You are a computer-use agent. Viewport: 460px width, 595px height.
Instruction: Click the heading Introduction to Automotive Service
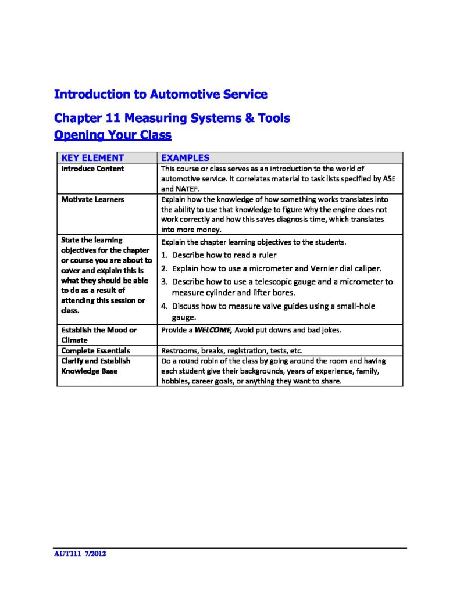tap(161, 94)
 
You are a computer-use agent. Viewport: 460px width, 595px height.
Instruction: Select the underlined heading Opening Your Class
tap(112, 135)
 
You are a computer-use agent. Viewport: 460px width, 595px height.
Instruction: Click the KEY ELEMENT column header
tap(92, 157)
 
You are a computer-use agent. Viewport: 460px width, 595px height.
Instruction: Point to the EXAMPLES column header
tap(185, 157)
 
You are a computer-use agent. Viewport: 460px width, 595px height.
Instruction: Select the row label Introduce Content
tap(92, 169)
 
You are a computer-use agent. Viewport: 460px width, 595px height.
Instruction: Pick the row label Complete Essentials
tap(96, 351)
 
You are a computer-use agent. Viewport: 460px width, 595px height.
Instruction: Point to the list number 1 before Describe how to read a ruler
tap(164, 255)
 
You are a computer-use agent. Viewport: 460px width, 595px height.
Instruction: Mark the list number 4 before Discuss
tap(164, 306)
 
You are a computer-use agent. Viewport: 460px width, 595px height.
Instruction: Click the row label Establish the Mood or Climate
tap(99, 335)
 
